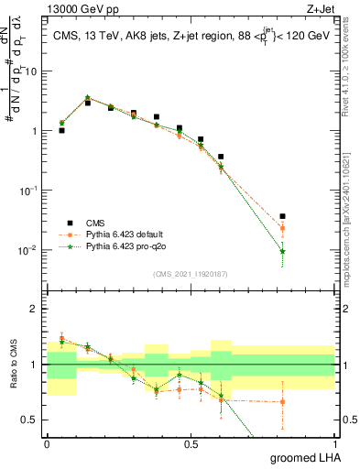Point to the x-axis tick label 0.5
point(191,443)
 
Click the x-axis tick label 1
point(334,443)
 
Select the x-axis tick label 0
point(47,443)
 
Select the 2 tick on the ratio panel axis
point(36,309)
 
